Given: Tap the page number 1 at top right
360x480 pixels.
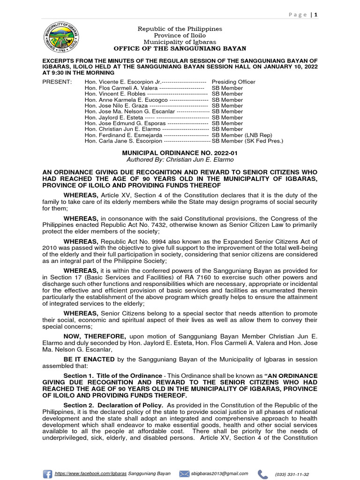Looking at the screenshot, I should pos(316,15).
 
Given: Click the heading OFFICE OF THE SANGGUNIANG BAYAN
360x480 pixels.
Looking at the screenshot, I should pos(180,49).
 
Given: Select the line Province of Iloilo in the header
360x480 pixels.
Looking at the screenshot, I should pos(180,36).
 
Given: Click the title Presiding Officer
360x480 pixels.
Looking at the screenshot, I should pos(233,82).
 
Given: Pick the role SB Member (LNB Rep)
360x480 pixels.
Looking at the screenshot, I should pos(240,135).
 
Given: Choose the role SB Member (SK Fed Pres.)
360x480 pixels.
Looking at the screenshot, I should pos(247,141).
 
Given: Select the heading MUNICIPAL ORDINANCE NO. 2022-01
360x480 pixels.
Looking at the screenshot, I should pos(180,153).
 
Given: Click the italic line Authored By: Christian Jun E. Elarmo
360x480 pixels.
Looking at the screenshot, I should pos(180,160).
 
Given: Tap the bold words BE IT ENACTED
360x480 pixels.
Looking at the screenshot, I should pos(89,359).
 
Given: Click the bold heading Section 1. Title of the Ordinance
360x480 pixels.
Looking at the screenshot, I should pos(112,376).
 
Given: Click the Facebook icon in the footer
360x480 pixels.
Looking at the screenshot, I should pos(47,474).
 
